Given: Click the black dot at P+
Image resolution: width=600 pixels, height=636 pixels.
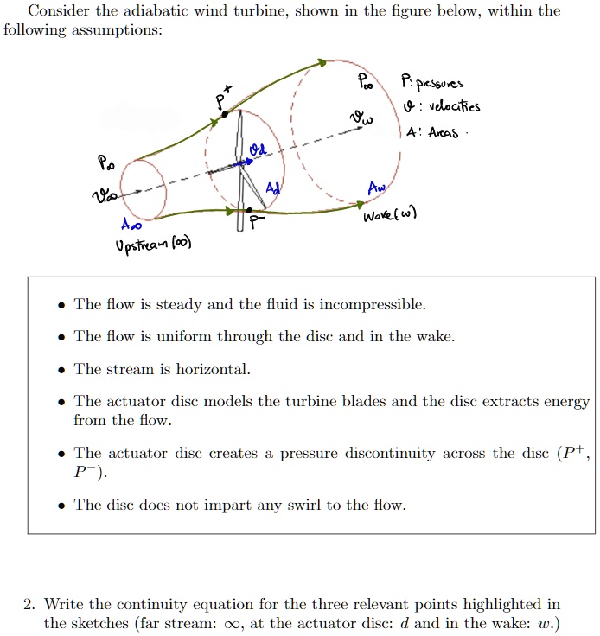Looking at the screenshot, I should pyautogui.click(x=225, y=113).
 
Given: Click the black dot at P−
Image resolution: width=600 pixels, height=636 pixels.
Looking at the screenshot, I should pyautogui.click(x=249, y=209).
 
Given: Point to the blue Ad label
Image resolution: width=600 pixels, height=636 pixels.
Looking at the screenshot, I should pyautogui.click(x=273, y=188).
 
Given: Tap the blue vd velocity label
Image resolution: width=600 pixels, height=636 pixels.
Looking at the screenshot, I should pyautogui.click(x=258, y=151).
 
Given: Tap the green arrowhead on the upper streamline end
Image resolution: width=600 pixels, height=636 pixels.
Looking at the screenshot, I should pyautogui.click(x=322, y=62).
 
